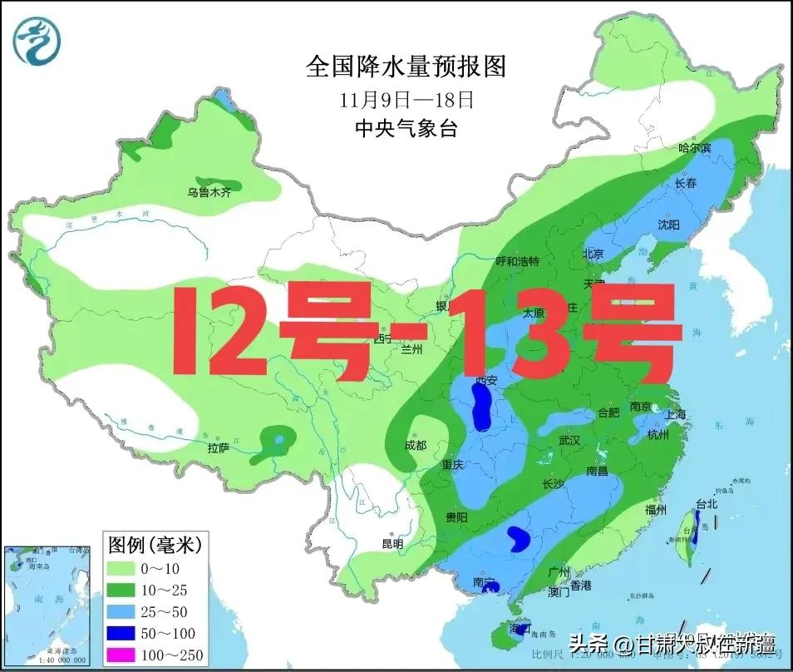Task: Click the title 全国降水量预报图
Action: click(406, 67)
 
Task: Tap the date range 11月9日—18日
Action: click(406, 101)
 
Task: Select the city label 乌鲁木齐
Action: click(209, 192)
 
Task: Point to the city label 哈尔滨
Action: click(695, 148)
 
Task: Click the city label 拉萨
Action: click(219, 448)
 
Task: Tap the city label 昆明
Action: click(392, 544)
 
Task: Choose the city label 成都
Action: click(415, 446)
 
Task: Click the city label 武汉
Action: click(569, 439)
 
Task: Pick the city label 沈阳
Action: click(668, 225)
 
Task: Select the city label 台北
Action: click(706, 504)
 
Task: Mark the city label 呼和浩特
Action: click(518, 261)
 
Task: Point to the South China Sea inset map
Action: click(47, 605)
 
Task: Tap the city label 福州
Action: click(656, 510)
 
